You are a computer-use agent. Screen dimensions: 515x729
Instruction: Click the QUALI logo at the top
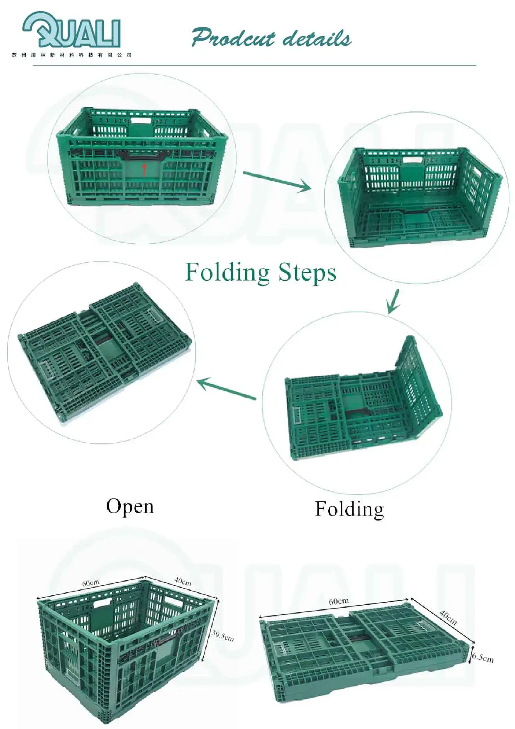[71, 30]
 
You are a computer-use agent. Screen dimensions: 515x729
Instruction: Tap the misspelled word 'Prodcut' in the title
[233, 39]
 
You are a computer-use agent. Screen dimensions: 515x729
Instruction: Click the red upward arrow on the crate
[144, 169]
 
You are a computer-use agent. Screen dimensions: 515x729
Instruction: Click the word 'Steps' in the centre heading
[307, 273]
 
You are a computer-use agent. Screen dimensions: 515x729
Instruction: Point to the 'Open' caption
[130, 506]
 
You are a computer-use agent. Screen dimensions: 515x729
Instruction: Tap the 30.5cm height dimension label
[222, 636]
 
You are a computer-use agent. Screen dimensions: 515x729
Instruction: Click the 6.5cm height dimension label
[483, 658]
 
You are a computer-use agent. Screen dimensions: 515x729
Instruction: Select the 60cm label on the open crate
[90, 583]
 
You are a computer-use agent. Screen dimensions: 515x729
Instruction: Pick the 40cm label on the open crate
[182, 581]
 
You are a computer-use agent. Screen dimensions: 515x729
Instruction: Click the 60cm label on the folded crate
[339, 601]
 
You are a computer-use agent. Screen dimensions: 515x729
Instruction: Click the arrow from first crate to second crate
[277, 181]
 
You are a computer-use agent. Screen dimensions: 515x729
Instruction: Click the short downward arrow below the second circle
[393, 302]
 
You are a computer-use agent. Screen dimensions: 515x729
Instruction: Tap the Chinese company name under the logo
[71, 55]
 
